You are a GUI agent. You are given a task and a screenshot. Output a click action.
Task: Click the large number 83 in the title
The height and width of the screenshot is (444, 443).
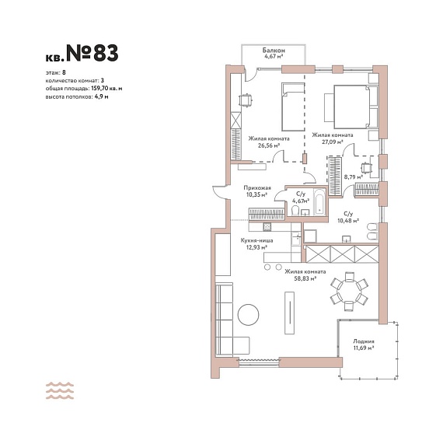pyautogui.click(x=106, y=53)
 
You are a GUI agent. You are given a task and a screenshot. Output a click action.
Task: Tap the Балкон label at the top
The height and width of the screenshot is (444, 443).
pyautogui.click(x=274, y=51)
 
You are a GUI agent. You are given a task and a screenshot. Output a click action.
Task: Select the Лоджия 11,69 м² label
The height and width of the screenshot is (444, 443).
pyautogui.click(x=364, y=344)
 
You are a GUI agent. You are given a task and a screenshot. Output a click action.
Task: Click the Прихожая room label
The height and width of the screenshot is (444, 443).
pyautogui.click(x=257, y=187)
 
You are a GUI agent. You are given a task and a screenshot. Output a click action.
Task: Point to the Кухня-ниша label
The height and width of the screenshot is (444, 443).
pyautogui.click(x=256, y=241)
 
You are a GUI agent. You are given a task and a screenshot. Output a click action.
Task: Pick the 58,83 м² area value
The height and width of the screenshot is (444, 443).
pyautogui.click(x=305, y=278)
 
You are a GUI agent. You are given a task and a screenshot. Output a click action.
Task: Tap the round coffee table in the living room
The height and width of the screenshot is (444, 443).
pyautogui.click(x=248, y=315)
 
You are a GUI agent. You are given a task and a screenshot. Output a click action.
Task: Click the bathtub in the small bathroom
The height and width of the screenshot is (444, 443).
pyautogui.click(x=319, y=202)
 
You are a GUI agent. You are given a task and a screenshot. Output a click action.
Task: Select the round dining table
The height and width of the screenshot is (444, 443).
pyautogui.click(x=349, y=292)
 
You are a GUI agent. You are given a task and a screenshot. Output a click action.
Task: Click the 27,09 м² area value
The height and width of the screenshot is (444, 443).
pyautogui.click(x=333, y=142)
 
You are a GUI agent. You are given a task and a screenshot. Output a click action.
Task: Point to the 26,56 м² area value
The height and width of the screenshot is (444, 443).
pyautogui.click(x=269, y=145)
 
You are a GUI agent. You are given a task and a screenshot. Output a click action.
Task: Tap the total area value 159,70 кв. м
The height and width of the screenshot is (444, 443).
pyautogui.click(x=106, y=89)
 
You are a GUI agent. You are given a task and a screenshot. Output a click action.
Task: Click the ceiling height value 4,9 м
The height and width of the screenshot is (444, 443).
pyautogui.click(x=102, y=96)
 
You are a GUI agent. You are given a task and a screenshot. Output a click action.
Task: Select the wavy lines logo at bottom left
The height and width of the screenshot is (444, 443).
pyautogui.click(x=60, y=390)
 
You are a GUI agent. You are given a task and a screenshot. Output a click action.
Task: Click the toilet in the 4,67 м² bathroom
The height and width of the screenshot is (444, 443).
pyautogui.click(x=295, y=211)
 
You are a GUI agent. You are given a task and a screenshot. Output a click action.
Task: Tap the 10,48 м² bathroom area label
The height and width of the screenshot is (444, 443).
pyautogui.click(x=348, y=221)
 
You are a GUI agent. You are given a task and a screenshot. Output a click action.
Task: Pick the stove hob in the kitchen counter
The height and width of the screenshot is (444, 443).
pyautogui.click(x=267, y=226)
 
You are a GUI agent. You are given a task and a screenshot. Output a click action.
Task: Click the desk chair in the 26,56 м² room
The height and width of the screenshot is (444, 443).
pyautogui.click(x=246, y=100)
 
